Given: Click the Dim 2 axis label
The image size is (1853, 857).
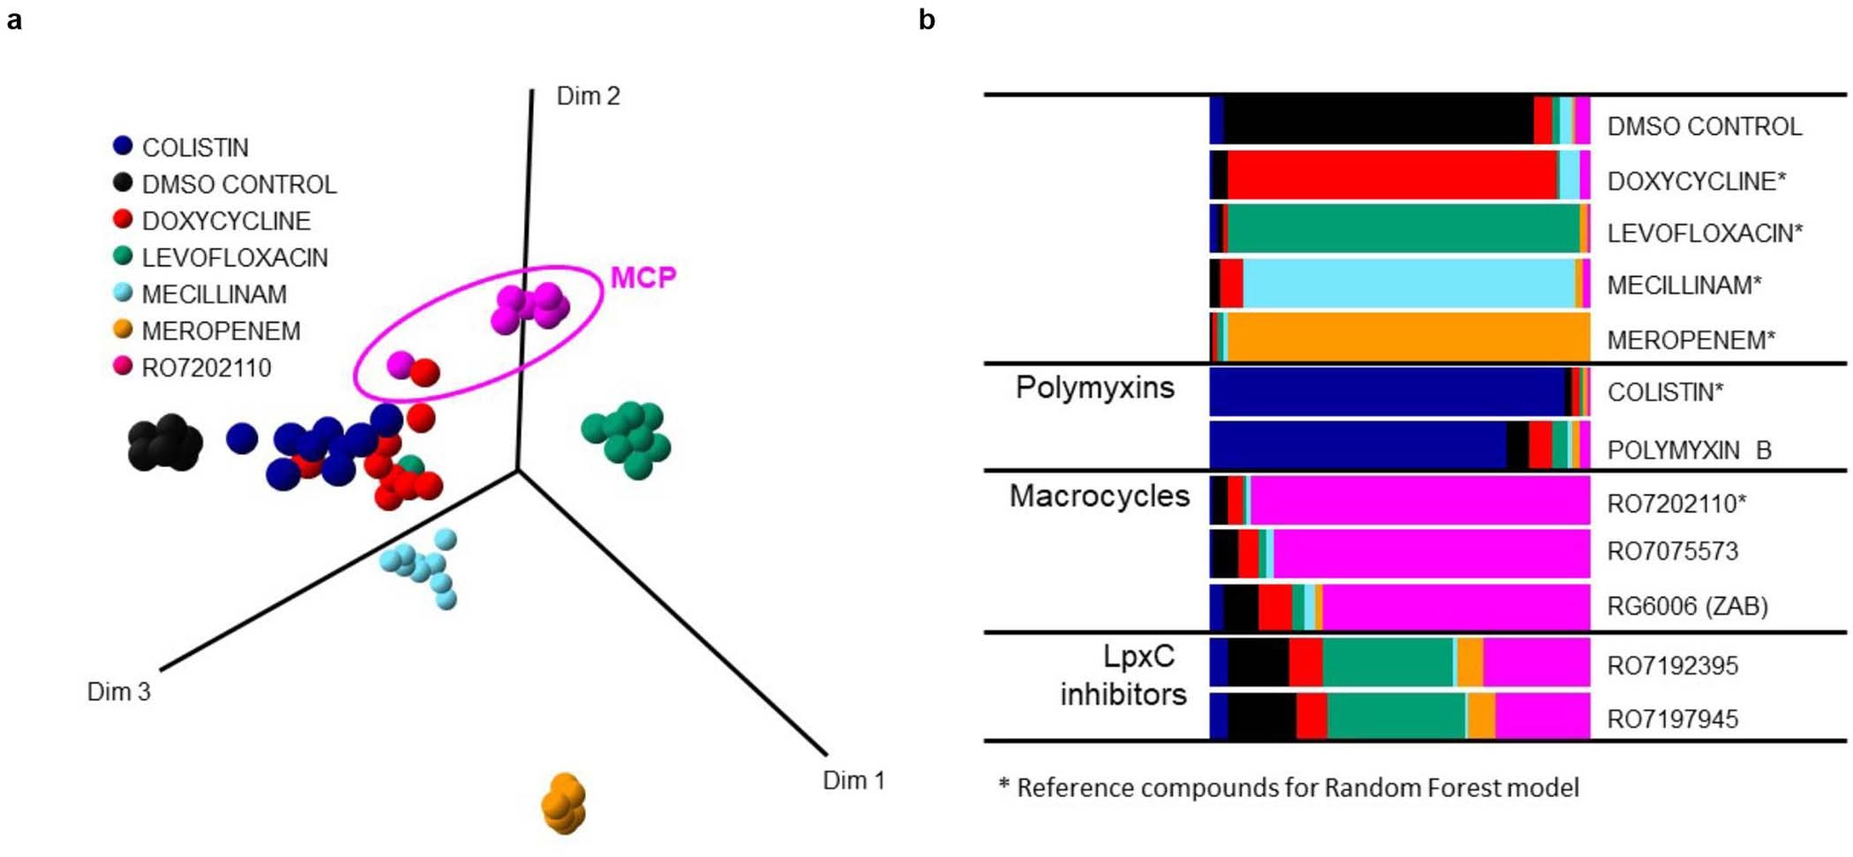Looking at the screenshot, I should pos(588,96).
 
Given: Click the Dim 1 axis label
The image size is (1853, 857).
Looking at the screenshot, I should pos(853,780).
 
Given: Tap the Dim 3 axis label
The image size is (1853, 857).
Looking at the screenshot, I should pos(118,692).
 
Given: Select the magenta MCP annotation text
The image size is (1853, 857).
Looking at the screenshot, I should pos(643,278).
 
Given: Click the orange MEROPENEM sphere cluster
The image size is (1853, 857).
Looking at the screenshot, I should pos(563,803).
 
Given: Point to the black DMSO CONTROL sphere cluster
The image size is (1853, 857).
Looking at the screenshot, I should pos(165,443).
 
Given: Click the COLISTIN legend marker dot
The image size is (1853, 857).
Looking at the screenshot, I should pos(123,146).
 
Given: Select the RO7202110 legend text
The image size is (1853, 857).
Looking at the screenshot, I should pos(206,368).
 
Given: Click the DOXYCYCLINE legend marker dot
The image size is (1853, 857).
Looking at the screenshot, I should pos(123,220).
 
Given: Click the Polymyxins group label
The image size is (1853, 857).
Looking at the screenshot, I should pos(1094,388).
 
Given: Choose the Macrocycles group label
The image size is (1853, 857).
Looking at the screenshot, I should pos(1099,496).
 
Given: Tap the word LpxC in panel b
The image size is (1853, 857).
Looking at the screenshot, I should pos(1138,657).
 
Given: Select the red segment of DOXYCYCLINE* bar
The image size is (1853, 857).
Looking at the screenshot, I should pos(1392,175).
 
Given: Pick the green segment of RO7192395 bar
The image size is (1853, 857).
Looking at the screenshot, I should pos(1387,662).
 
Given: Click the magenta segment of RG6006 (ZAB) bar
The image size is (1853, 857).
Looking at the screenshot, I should pos(1456,607).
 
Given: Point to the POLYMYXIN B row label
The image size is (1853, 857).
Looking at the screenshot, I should pos(1688,450).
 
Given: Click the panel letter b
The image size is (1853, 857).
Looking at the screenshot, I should pos(926,19).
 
